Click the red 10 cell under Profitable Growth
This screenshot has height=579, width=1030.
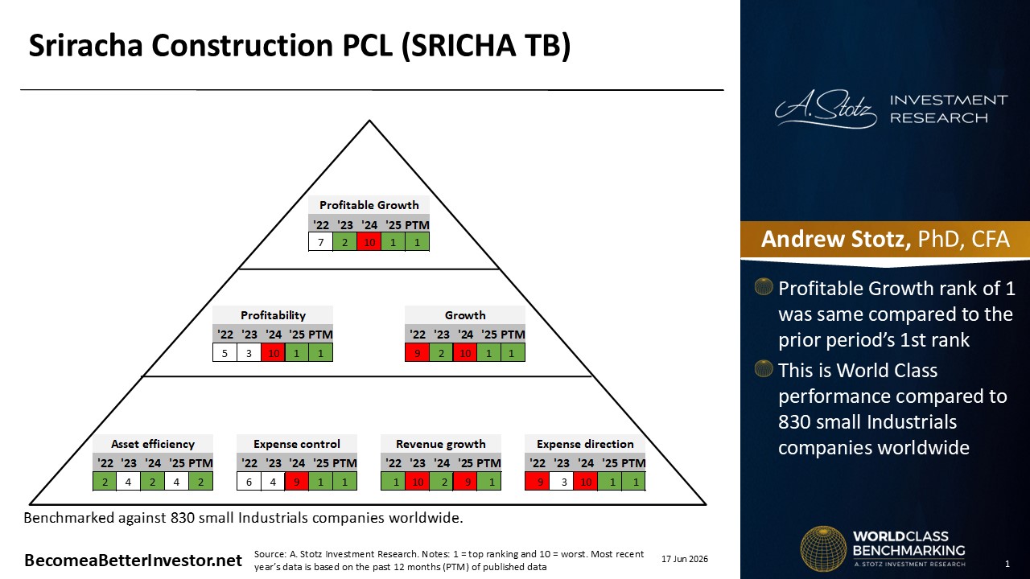369,242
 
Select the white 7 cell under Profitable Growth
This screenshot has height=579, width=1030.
321,242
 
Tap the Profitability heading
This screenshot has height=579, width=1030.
273,315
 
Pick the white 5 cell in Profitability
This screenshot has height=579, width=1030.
225,353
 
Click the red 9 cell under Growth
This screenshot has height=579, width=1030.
417,353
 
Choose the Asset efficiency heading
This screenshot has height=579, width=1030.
153,444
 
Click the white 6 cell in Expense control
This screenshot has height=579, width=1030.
249,482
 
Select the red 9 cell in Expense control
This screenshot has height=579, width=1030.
297,482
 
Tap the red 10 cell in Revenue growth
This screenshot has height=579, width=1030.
418,482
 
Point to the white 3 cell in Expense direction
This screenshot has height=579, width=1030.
562,482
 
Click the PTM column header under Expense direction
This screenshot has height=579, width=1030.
634,463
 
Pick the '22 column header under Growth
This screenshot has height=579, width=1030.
417,335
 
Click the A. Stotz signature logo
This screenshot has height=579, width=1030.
826,109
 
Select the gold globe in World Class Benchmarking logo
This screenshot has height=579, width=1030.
823,548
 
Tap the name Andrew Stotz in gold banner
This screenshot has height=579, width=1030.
835,239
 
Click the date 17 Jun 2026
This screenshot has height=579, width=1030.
685,559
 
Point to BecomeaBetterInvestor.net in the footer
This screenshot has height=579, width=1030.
133,561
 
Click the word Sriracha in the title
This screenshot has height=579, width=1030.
85,45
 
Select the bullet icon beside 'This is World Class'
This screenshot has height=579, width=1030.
764,368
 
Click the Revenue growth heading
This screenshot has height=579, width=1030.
440,444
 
